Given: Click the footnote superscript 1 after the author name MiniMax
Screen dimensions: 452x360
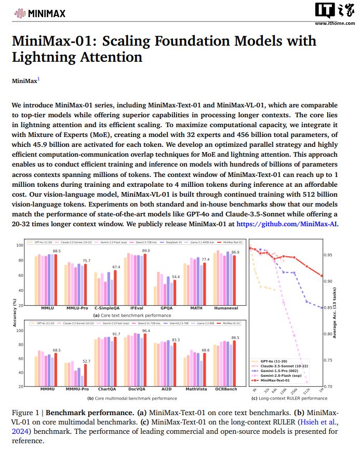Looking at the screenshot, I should tap(38, 79).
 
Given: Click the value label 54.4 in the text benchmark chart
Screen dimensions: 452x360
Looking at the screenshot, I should tap(176, 277).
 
